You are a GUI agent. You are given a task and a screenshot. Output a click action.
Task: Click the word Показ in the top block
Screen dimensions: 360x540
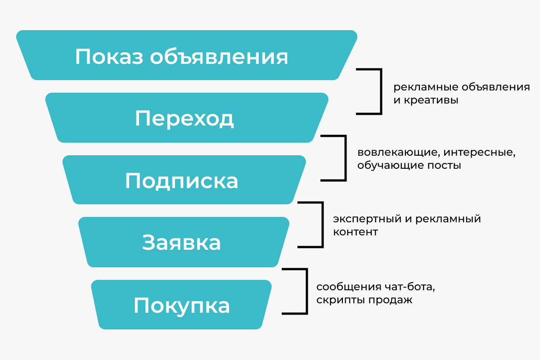(108, 57)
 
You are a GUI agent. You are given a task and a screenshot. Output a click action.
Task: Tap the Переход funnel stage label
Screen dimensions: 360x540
(184, 119)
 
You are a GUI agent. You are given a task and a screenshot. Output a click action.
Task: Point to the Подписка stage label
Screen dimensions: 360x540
(181, 181)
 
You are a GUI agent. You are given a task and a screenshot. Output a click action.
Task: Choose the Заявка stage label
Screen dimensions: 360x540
(181, 243)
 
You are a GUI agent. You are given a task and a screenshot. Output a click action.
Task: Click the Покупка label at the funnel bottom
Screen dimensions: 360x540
(181, 306)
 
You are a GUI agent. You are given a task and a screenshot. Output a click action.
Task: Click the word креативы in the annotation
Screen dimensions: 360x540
(430, 100)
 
